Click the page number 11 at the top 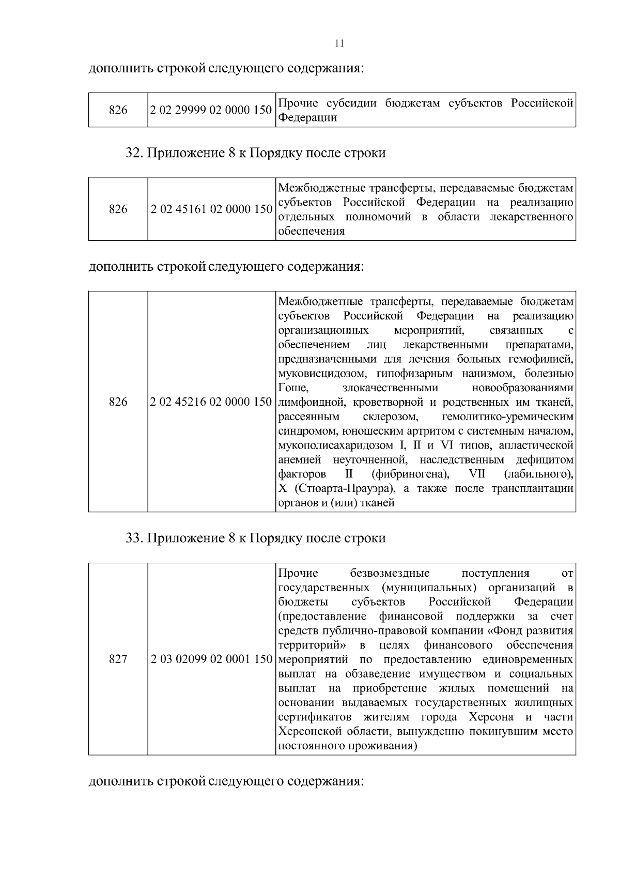tap(339, 43)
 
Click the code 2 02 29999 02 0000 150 tap(211, 110)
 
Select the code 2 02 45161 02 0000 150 tap(211, 209)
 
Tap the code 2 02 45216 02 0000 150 tap(211, 402)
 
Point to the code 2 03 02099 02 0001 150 tap(211, 659)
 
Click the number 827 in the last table tap(118, 659)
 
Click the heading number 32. tap(134, 153)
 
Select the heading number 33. tap(134, 538)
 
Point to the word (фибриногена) tap(410, 474)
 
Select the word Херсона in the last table tap(491, 717)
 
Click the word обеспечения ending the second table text tap(311, 232)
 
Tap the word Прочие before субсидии tap(297, 103)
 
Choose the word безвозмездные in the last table tap(390, 573)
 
